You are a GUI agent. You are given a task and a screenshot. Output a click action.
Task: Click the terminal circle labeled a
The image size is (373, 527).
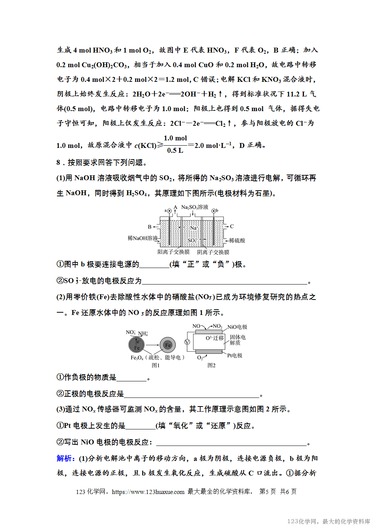[x=169, y=211]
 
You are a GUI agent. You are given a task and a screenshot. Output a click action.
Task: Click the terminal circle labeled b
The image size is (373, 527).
[x=213, y=211]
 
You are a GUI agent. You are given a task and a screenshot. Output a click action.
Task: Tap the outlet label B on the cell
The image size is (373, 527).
[x=150, y=227]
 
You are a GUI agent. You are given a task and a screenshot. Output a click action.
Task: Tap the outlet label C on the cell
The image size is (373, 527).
[x=232, y=226]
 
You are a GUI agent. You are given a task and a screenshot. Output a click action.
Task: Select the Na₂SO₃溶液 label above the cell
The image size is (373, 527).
[x=195, y=207]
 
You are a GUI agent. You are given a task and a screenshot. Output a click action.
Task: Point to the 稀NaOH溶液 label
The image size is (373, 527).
[x=142, y=238]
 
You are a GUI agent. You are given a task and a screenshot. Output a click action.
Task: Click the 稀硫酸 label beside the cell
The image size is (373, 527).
[x=237, y=241]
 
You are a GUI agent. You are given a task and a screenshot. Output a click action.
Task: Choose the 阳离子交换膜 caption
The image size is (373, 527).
[x=174, y=252]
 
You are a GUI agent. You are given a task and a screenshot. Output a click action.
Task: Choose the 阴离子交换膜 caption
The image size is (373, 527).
[x=213, y=252]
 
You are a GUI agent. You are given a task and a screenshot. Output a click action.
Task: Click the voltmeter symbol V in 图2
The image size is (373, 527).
[x=187, y=342]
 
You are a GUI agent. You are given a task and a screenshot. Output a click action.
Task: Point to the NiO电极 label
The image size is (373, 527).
[x=237, y=327]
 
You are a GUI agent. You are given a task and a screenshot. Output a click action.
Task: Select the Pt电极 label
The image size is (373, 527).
[x=235, y=355]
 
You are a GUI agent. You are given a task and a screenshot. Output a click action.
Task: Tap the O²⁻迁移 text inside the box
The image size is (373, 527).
[x=214, y=338]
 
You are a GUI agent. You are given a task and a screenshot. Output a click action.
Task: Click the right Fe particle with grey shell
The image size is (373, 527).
[x=168, y=345]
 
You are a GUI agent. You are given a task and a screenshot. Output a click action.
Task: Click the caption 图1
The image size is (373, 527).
[x=156, y=365]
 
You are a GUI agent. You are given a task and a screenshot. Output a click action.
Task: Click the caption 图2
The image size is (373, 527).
[x=211, y=365]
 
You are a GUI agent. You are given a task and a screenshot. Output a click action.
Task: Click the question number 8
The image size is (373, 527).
[x=58, y=163]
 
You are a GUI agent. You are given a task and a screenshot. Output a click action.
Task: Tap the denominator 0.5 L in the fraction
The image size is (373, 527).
[x=175, y=151]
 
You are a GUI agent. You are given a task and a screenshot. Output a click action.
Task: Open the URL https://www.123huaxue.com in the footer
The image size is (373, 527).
[x=148, y=492]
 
